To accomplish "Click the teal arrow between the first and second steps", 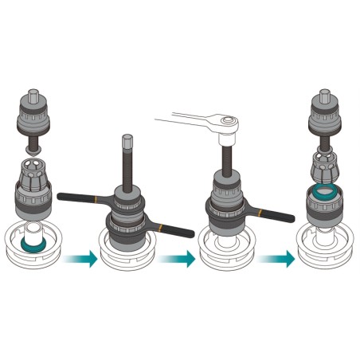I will [x=82, y=258].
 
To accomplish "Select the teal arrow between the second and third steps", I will [x=178, y=258].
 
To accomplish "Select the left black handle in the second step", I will [x=80, y=196].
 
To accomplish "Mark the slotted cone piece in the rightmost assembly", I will [x=324, y=168].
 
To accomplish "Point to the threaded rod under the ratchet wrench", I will [x=226, y=156].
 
